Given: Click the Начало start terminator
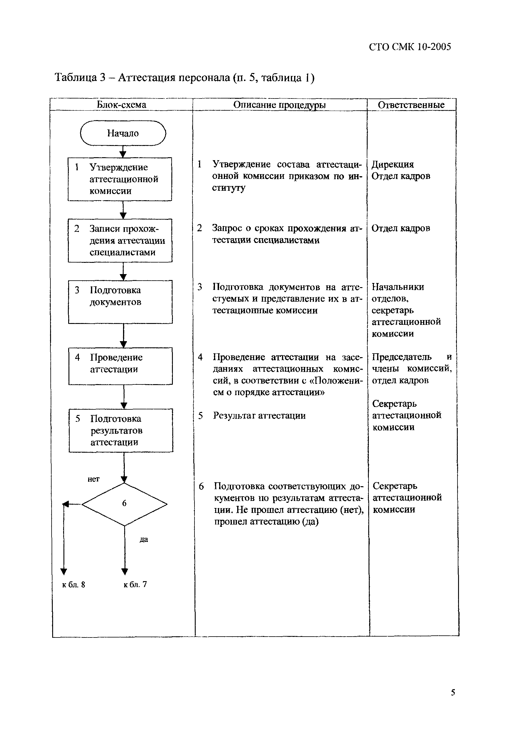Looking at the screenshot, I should pos(123,133).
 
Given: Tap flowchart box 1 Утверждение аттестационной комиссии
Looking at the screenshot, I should pos(120,179).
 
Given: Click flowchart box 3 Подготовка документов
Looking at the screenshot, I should pos(120,302).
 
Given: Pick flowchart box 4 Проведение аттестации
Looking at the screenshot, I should pos(121,366).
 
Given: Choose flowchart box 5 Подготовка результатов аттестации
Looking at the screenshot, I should pos(121,430).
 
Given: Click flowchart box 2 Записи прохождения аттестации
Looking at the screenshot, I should pos(120,240).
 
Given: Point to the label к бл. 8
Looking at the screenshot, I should pos(74,585).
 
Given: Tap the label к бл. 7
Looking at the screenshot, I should pos(135,584).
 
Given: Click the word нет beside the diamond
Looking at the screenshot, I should pos(93,479).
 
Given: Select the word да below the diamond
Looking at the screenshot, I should pos(144,540).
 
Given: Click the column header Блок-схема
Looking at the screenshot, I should pos(121,105).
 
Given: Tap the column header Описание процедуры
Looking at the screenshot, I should pos(280,105).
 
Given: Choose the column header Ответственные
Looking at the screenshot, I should pos(411,105).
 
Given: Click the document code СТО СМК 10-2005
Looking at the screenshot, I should pos(410,47).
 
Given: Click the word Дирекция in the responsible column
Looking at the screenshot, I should pos(393,164).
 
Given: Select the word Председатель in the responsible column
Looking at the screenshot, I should pos(402,357).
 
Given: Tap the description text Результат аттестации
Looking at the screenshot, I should pos(259,415).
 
